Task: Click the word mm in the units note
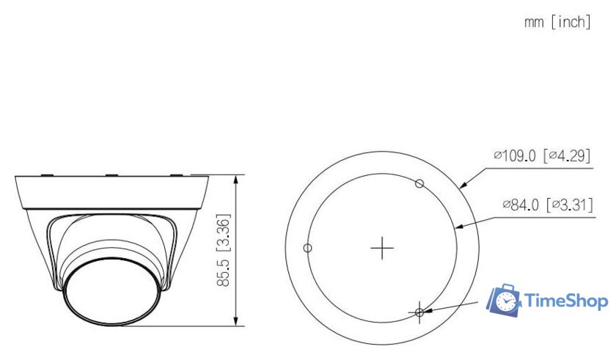point(533,22)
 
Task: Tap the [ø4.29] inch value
point(566,155)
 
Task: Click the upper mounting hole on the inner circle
point(419,183)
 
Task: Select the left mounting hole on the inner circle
point(308,248)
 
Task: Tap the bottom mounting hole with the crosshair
point(419,312)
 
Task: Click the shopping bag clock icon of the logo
point(505,301)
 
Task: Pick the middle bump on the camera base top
point(111,175)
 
